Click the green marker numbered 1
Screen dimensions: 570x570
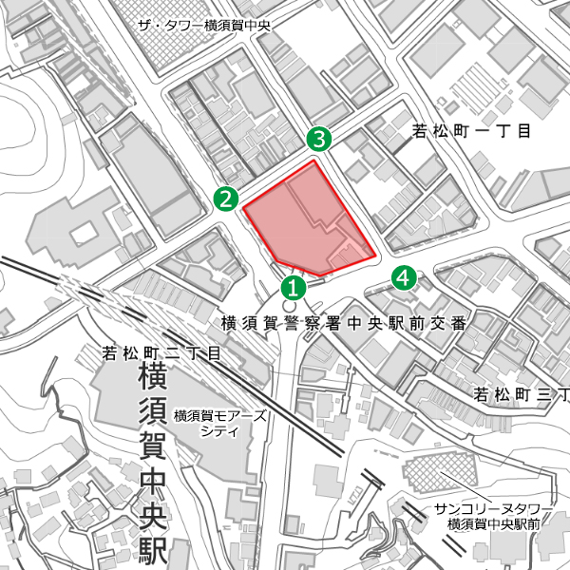point(294,285)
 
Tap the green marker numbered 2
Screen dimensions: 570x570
point(225,199)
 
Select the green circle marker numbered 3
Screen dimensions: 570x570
point(319,140)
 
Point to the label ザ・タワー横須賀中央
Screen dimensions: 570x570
point(204,26)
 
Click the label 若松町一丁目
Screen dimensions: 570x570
point(471,131)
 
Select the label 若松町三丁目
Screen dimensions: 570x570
point(521,393)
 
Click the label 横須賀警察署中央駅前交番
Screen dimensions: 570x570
point(344,323)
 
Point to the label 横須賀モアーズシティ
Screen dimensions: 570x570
point(220,423)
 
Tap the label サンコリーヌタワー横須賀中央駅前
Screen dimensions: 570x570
point(488,516)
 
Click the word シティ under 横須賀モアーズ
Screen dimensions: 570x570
point(219,430)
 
